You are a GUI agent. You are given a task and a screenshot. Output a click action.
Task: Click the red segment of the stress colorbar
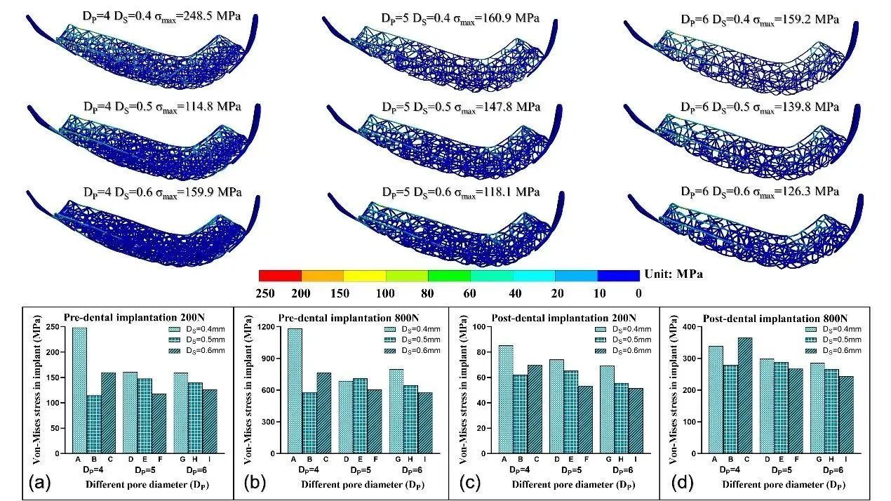280,275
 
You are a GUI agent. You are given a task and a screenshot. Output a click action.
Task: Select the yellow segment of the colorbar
364,275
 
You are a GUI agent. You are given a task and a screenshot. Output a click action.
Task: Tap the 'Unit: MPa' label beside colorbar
673,274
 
